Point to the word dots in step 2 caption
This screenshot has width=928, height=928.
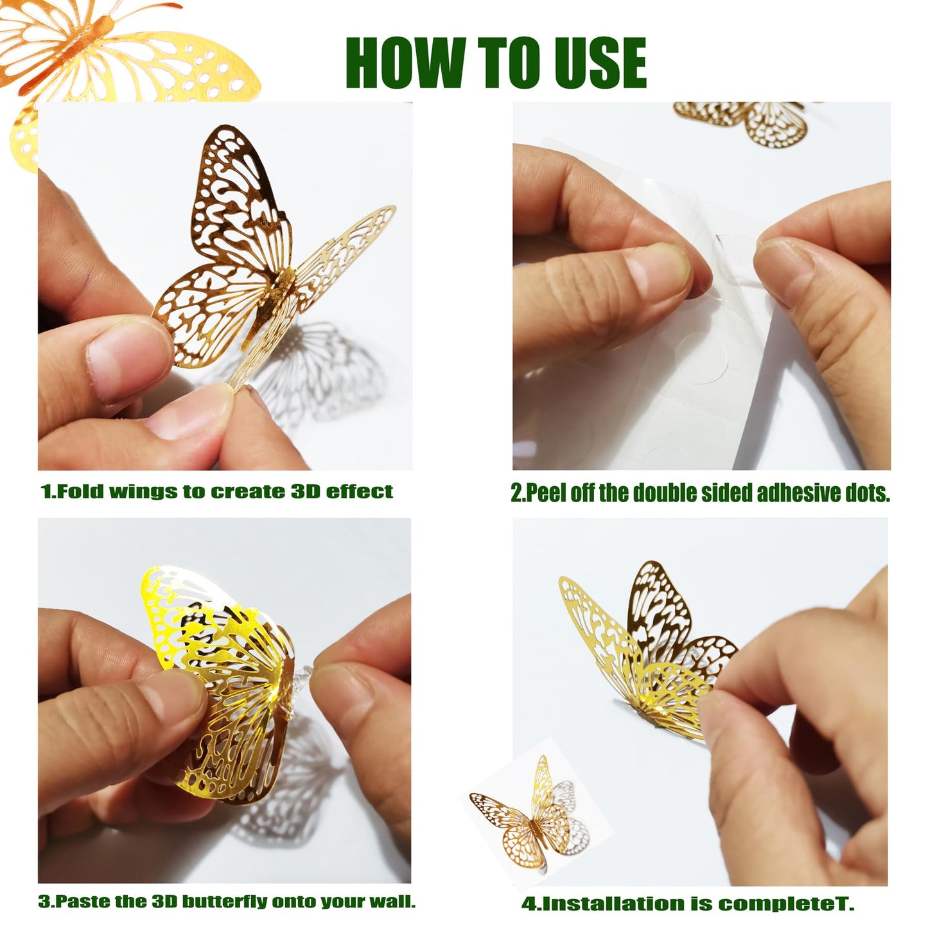(x=862, y=494)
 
